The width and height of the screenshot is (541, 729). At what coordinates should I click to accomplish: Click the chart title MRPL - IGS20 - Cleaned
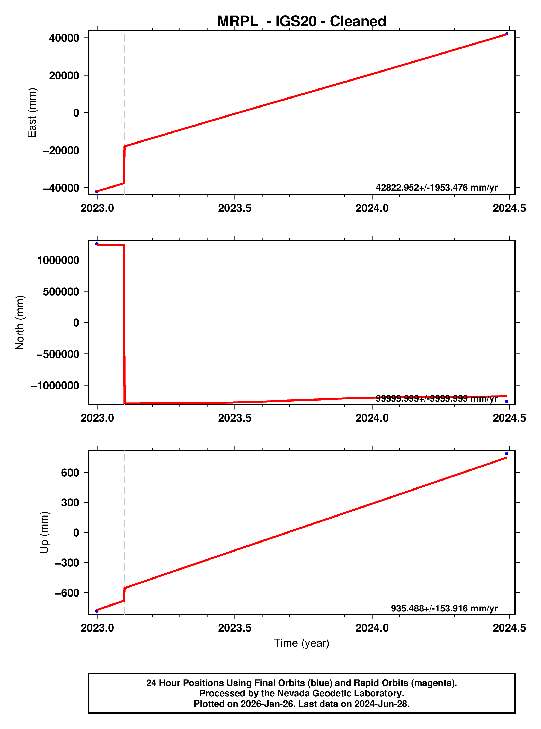click(301, 22)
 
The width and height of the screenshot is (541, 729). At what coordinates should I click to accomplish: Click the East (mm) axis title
click(32, 113)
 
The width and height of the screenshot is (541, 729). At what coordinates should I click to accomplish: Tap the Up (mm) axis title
click(44, 532)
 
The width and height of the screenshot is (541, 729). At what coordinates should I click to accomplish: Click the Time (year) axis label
click(301, 643)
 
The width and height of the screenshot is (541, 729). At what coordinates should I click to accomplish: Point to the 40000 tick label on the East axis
click(64, 38)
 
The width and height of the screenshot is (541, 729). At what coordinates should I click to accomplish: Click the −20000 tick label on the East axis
click(61, 150)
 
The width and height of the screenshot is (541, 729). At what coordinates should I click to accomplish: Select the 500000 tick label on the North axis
click(61, 291)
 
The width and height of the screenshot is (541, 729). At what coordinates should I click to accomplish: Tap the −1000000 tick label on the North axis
click(55, 385)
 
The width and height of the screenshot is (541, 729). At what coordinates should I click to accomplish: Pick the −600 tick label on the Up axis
click(67, 593)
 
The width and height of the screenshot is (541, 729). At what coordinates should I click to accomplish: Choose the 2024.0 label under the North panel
click(372, 418)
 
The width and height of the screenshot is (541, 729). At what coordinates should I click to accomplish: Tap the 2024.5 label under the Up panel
click(509, 628)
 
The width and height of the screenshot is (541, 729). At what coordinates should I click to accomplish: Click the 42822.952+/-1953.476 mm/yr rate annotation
click(437, 188)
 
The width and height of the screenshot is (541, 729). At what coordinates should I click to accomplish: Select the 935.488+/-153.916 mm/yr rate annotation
click(444, 608)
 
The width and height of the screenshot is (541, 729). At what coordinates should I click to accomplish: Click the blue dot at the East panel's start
click(97, 191)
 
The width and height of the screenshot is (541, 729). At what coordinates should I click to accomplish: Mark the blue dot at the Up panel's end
click(507, 454)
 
